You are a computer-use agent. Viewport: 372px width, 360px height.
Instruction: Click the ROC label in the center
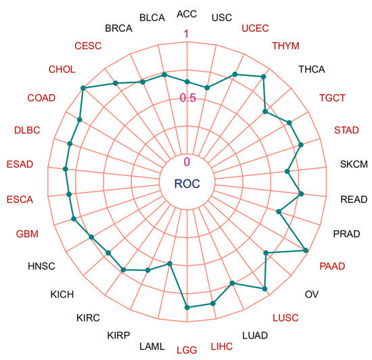[187, 183]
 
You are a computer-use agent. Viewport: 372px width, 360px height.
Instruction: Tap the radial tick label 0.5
[187, 97]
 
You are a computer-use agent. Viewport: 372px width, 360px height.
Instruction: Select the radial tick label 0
[187, 161]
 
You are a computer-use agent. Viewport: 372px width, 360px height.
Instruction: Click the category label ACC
[187, 14]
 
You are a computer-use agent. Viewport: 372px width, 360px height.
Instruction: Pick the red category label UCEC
[255, 28]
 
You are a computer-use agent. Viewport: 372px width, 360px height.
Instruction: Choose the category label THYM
[287, 46]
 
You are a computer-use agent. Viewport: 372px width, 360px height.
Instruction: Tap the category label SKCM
[354, 164]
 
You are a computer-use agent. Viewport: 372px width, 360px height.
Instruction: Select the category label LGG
[187, 350]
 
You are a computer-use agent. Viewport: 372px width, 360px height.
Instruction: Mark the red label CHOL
[62, 69]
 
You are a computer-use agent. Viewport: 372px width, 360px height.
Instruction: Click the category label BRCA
[119, 28]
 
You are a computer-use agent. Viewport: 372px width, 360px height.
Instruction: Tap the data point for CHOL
[83, 88]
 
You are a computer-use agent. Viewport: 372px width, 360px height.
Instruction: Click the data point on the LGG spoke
[187, 307]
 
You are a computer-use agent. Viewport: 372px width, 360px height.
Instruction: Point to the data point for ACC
[187, 82]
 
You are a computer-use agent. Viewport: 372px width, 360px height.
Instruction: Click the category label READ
[354, 200]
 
